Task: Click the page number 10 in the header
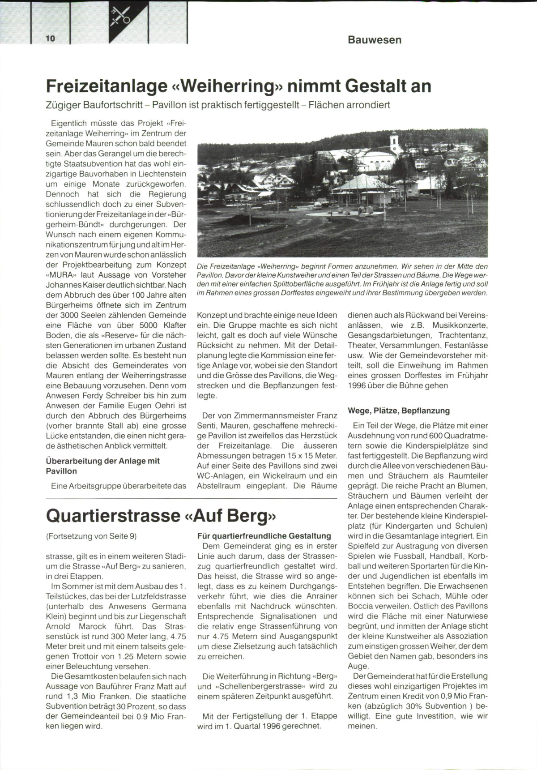click(x=50, y=38)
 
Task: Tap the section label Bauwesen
click(x=375, y=40)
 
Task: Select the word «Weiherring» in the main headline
click(x=224, y=86)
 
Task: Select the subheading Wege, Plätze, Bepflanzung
click(x=399, y=411)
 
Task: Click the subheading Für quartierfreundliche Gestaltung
click(x=264, y=536)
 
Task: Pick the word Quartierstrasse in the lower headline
click(x=113, y=515)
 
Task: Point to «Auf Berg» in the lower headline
click(x=230, y=515)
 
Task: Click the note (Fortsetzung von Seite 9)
click(x=91, y=536)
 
